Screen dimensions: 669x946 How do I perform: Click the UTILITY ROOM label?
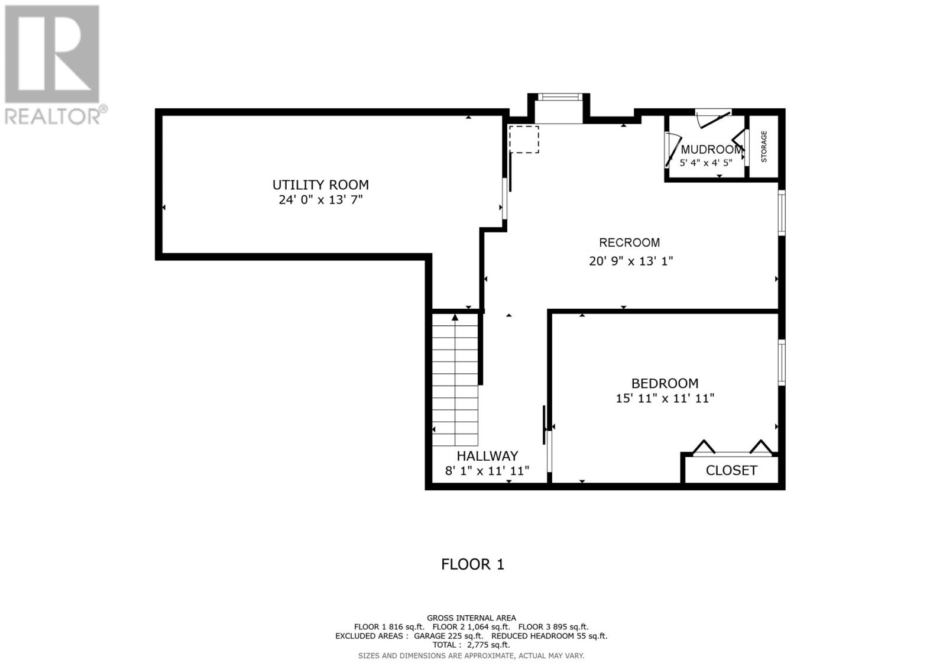coord(320,185)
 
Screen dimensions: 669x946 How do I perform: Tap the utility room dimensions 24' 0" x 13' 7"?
coord(320,200)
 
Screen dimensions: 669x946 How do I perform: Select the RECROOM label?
coord(629,243)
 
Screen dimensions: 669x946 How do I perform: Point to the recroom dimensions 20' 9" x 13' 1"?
coord(631,261)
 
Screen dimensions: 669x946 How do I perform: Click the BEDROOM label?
coord(665,383)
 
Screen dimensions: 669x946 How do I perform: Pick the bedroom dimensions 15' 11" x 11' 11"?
coord(665,399)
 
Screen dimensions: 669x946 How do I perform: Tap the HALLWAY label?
coord(487,456)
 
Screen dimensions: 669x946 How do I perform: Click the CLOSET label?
coord(731,471)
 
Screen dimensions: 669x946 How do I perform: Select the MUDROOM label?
coord(711,150)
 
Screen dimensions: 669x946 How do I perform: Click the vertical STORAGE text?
coord(763,147)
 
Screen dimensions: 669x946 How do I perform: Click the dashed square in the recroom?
coord(523,139)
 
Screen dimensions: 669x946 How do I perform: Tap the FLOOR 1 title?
coord(472,564)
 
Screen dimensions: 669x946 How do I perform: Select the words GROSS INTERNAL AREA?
coord(471,618)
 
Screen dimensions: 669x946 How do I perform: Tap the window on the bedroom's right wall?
coord(782,361)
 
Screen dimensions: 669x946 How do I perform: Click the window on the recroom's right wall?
coord(782,212)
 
